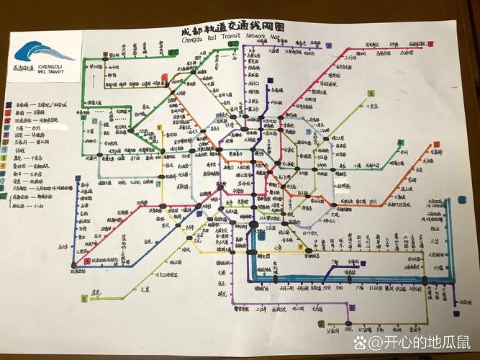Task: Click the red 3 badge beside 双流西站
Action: pos(87,261)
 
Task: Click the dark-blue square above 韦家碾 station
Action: pos(268,81)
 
